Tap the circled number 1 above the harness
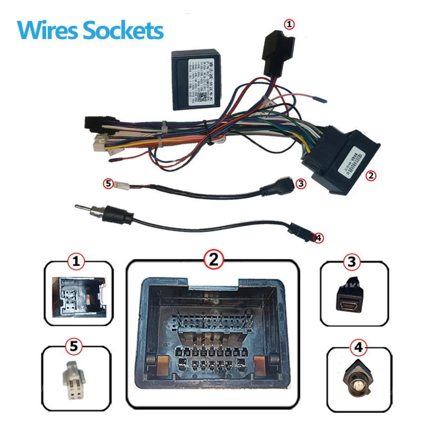pyautogui.click(x=289, y=24)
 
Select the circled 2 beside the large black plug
pyautogui.click(x=371, y=176)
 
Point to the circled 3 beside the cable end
pyautogui.click(x=300, y=184)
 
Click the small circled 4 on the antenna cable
pyautogui.click(x=317, y=238)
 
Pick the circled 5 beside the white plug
pyautogui.click(x=108, y=184)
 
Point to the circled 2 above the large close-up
pyautogui.click(x=214, y=258)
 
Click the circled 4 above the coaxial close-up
pyautogui.click(x=358, y=348)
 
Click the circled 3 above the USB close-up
pyautogui.click(x=353, y=261)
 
